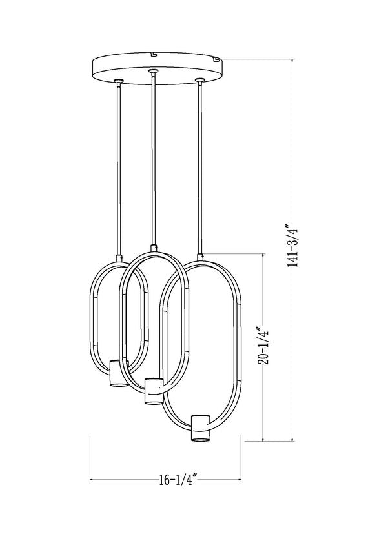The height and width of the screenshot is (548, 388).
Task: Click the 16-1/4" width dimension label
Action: [176, 480]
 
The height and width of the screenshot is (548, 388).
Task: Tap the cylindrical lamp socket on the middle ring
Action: [153, 391]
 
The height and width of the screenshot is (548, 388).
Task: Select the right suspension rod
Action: [201, 168]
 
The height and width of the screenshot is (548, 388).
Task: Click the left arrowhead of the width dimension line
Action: [92, 480]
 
